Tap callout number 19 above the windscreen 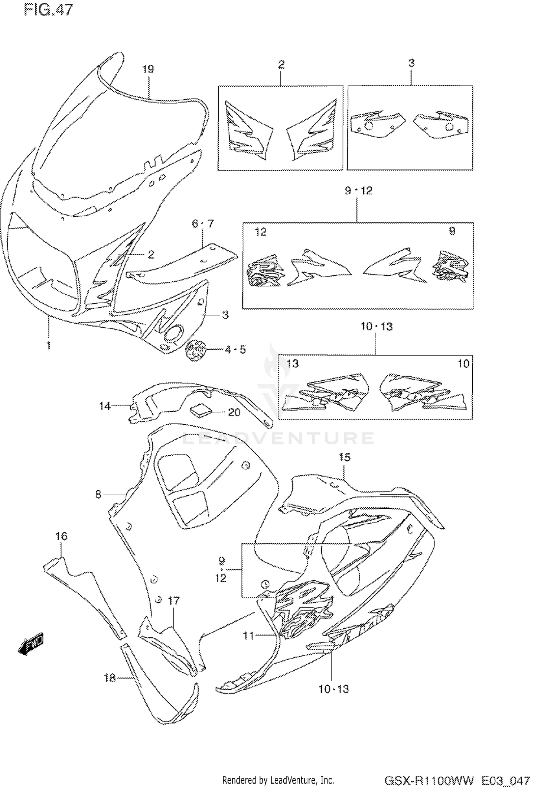pos(148,69)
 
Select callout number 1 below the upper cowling pos(48,346)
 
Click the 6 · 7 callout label pos(203,223)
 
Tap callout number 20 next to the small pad pos(234,412)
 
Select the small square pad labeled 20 pos(201,411)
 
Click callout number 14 pos(105,406)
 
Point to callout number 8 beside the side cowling pos(98,495)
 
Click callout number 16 pos(62,536)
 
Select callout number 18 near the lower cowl pos(110,678)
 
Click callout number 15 pos(345,457)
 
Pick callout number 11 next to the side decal pos(248,636)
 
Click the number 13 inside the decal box pos(293,363)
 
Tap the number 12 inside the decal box pos(261,232)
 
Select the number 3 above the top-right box pos(411,63)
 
